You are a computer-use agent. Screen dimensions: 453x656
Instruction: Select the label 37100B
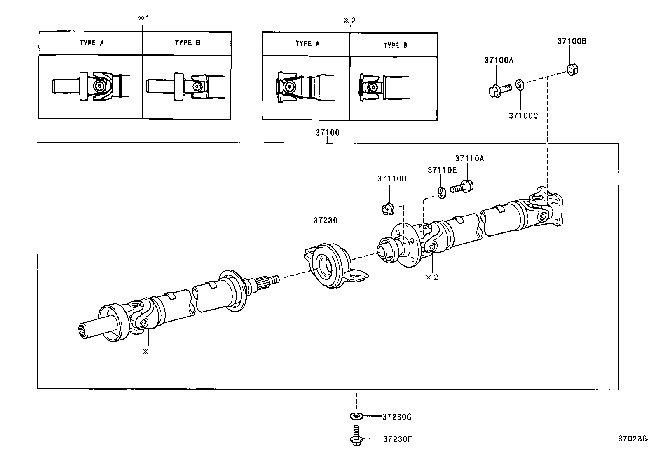(572, 41)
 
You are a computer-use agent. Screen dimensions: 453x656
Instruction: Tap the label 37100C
(523, 116)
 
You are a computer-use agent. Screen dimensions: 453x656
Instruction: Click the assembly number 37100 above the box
(328, 133)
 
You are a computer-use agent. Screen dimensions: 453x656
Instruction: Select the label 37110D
(391, 178)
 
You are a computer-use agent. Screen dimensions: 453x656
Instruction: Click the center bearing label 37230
(325, 221)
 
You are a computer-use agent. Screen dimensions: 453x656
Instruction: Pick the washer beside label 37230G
(356, 416)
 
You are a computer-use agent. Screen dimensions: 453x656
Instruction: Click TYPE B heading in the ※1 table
(187, 43)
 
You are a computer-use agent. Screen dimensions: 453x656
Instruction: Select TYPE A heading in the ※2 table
(307, 44)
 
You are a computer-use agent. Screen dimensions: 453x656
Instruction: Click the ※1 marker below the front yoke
(148, 352)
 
